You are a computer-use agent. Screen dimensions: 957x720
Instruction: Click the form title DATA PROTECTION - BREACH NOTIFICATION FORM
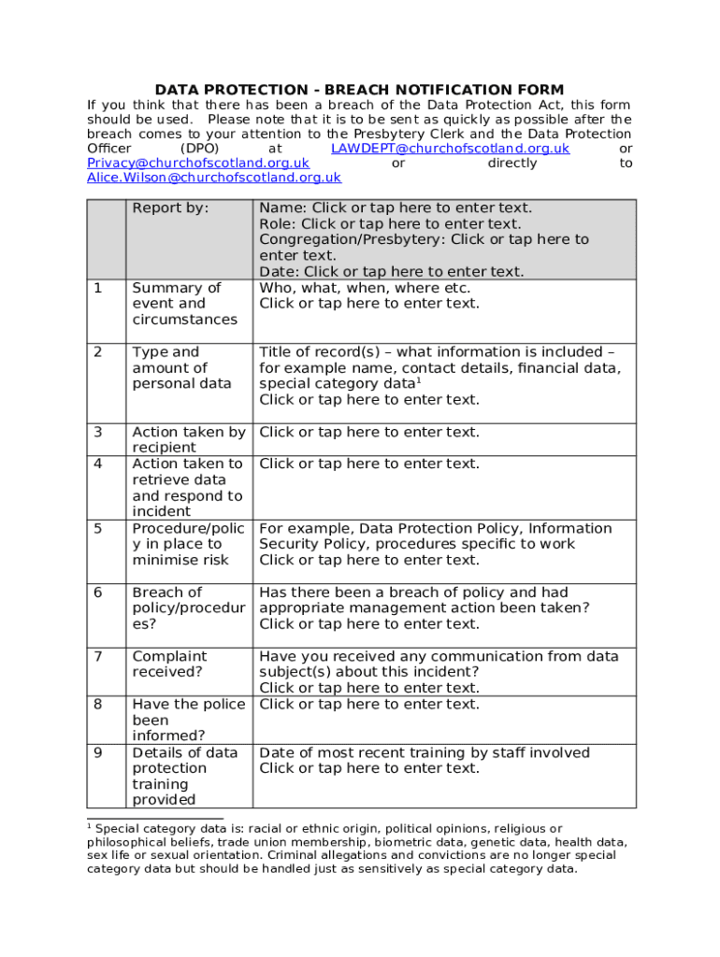pos(359,90)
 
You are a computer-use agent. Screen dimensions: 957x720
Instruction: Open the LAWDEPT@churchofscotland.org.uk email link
pos(450,149)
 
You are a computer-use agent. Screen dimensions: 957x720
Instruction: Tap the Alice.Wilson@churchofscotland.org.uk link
pos(214,178)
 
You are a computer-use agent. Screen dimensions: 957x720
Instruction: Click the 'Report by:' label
pos(170,208)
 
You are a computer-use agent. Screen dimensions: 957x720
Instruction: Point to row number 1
pos(98,288)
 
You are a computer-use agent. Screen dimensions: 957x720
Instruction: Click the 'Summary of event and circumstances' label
pos(184,304)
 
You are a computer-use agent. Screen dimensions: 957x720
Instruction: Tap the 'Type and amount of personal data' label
pos(181,367)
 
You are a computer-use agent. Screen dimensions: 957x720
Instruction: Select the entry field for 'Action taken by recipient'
pos(368,432)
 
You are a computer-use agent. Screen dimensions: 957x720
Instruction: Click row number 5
pos(98,529)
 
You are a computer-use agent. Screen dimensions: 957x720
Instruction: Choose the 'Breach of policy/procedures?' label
pos(187,607)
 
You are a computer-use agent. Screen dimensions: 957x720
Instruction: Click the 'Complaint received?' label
pos(169,664)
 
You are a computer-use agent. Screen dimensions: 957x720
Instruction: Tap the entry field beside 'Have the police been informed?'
pos(368,705)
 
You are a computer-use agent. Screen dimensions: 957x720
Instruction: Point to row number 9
pos(98,753)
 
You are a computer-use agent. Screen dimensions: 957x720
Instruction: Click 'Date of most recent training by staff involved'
pos(425,753)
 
